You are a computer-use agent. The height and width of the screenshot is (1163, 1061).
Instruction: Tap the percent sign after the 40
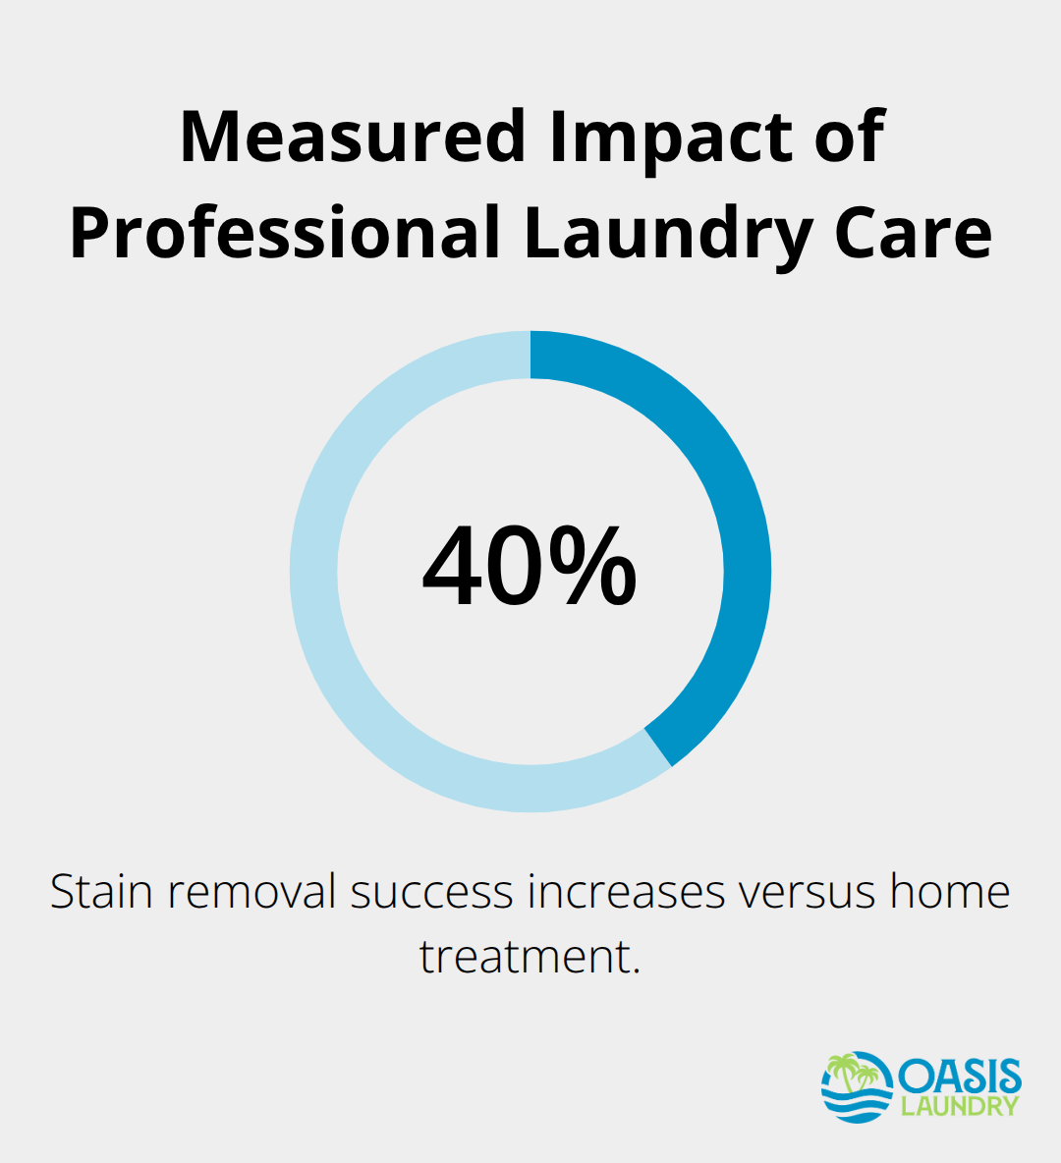click(592, 569)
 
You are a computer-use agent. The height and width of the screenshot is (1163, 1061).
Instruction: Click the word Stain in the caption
click(101, 893)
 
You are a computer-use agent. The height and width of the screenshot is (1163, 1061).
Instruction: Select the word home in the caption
click(950, 893)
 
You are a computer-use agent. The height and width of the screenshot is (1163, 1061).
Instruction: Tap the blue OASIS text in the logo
click(960, 1077)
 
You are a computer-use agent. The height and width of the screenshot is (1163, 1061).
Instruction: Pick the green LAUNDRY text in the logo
click(960, 1106)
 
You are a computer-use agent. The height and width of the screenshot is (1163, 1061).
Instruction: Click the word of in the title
click(850, 137)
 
